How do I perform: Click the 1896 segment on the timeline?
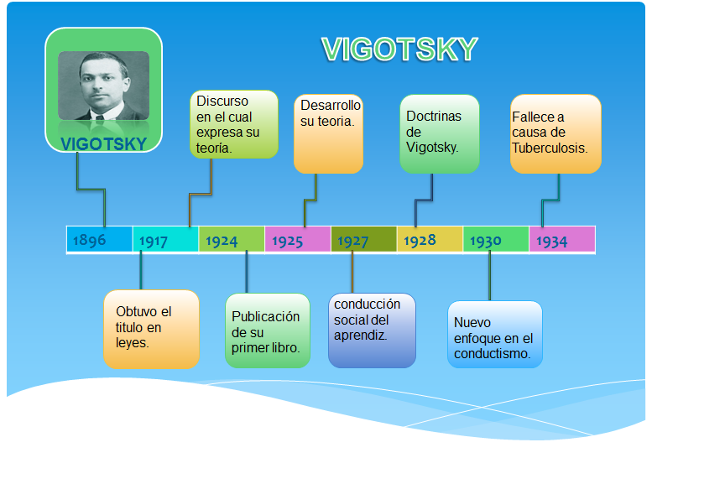[x=99, y=240]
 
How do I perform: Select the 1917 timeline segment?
[x=165, y=240]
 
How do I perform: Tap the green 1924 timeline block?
[x=232, y=240]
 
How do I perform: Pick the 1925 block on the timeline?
[x=297, y=240]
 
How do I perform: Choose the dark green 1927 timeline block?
[x=363, y=240]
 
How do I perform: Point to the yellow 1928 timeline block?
[x=430, y=240]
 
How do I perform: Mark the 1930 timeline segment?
[x=495, y=240]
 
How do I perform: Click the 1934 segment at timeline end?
[x=561, y=240]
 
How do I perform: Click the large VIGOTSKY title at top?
[x=399, y=50]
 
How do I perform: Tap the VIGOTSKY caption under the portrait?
[x=103, y=143]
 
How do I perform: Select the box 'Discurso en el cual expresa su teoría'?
[x=234, y=124]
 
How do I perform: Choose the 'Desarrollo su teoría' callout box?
[x=329, y=133]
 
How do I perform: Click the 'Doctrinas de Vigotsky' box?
[x=439, y=133]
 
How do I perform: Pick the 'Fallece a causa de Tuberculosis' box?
[x=555, y=133]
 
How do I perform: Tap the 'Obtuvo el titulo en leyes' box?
[x=151, y=328]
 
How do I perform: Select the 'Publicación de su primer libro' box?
[x=267, y=331]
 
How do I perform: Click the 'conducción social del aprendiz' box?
[x=371, y=330]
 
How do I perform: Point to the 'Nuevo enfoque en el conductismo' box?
[x=494, y=334]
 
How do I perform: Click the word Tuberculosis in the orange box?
[x=550, y=147]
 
